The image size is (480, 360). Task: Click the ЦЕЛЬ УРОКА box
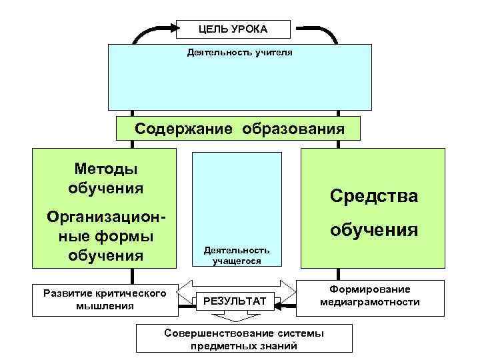click(x=233, y=29)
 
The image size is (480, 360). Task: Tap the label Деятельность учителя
click(x=239, y=51)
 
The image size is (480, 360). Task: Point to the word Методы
click(x=106, y=169)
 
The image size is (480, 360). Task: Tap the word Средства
click(x=373, y=196)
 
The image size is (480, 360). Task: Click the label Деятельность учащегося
click(x=237, y=255)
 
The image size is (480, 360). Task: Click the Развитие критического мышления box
click(x=104, y=299)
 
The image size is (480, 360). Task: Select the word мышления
click(x=104, y=306)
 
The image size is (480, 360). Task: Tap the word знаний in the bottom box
click(x=282, y=345)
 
